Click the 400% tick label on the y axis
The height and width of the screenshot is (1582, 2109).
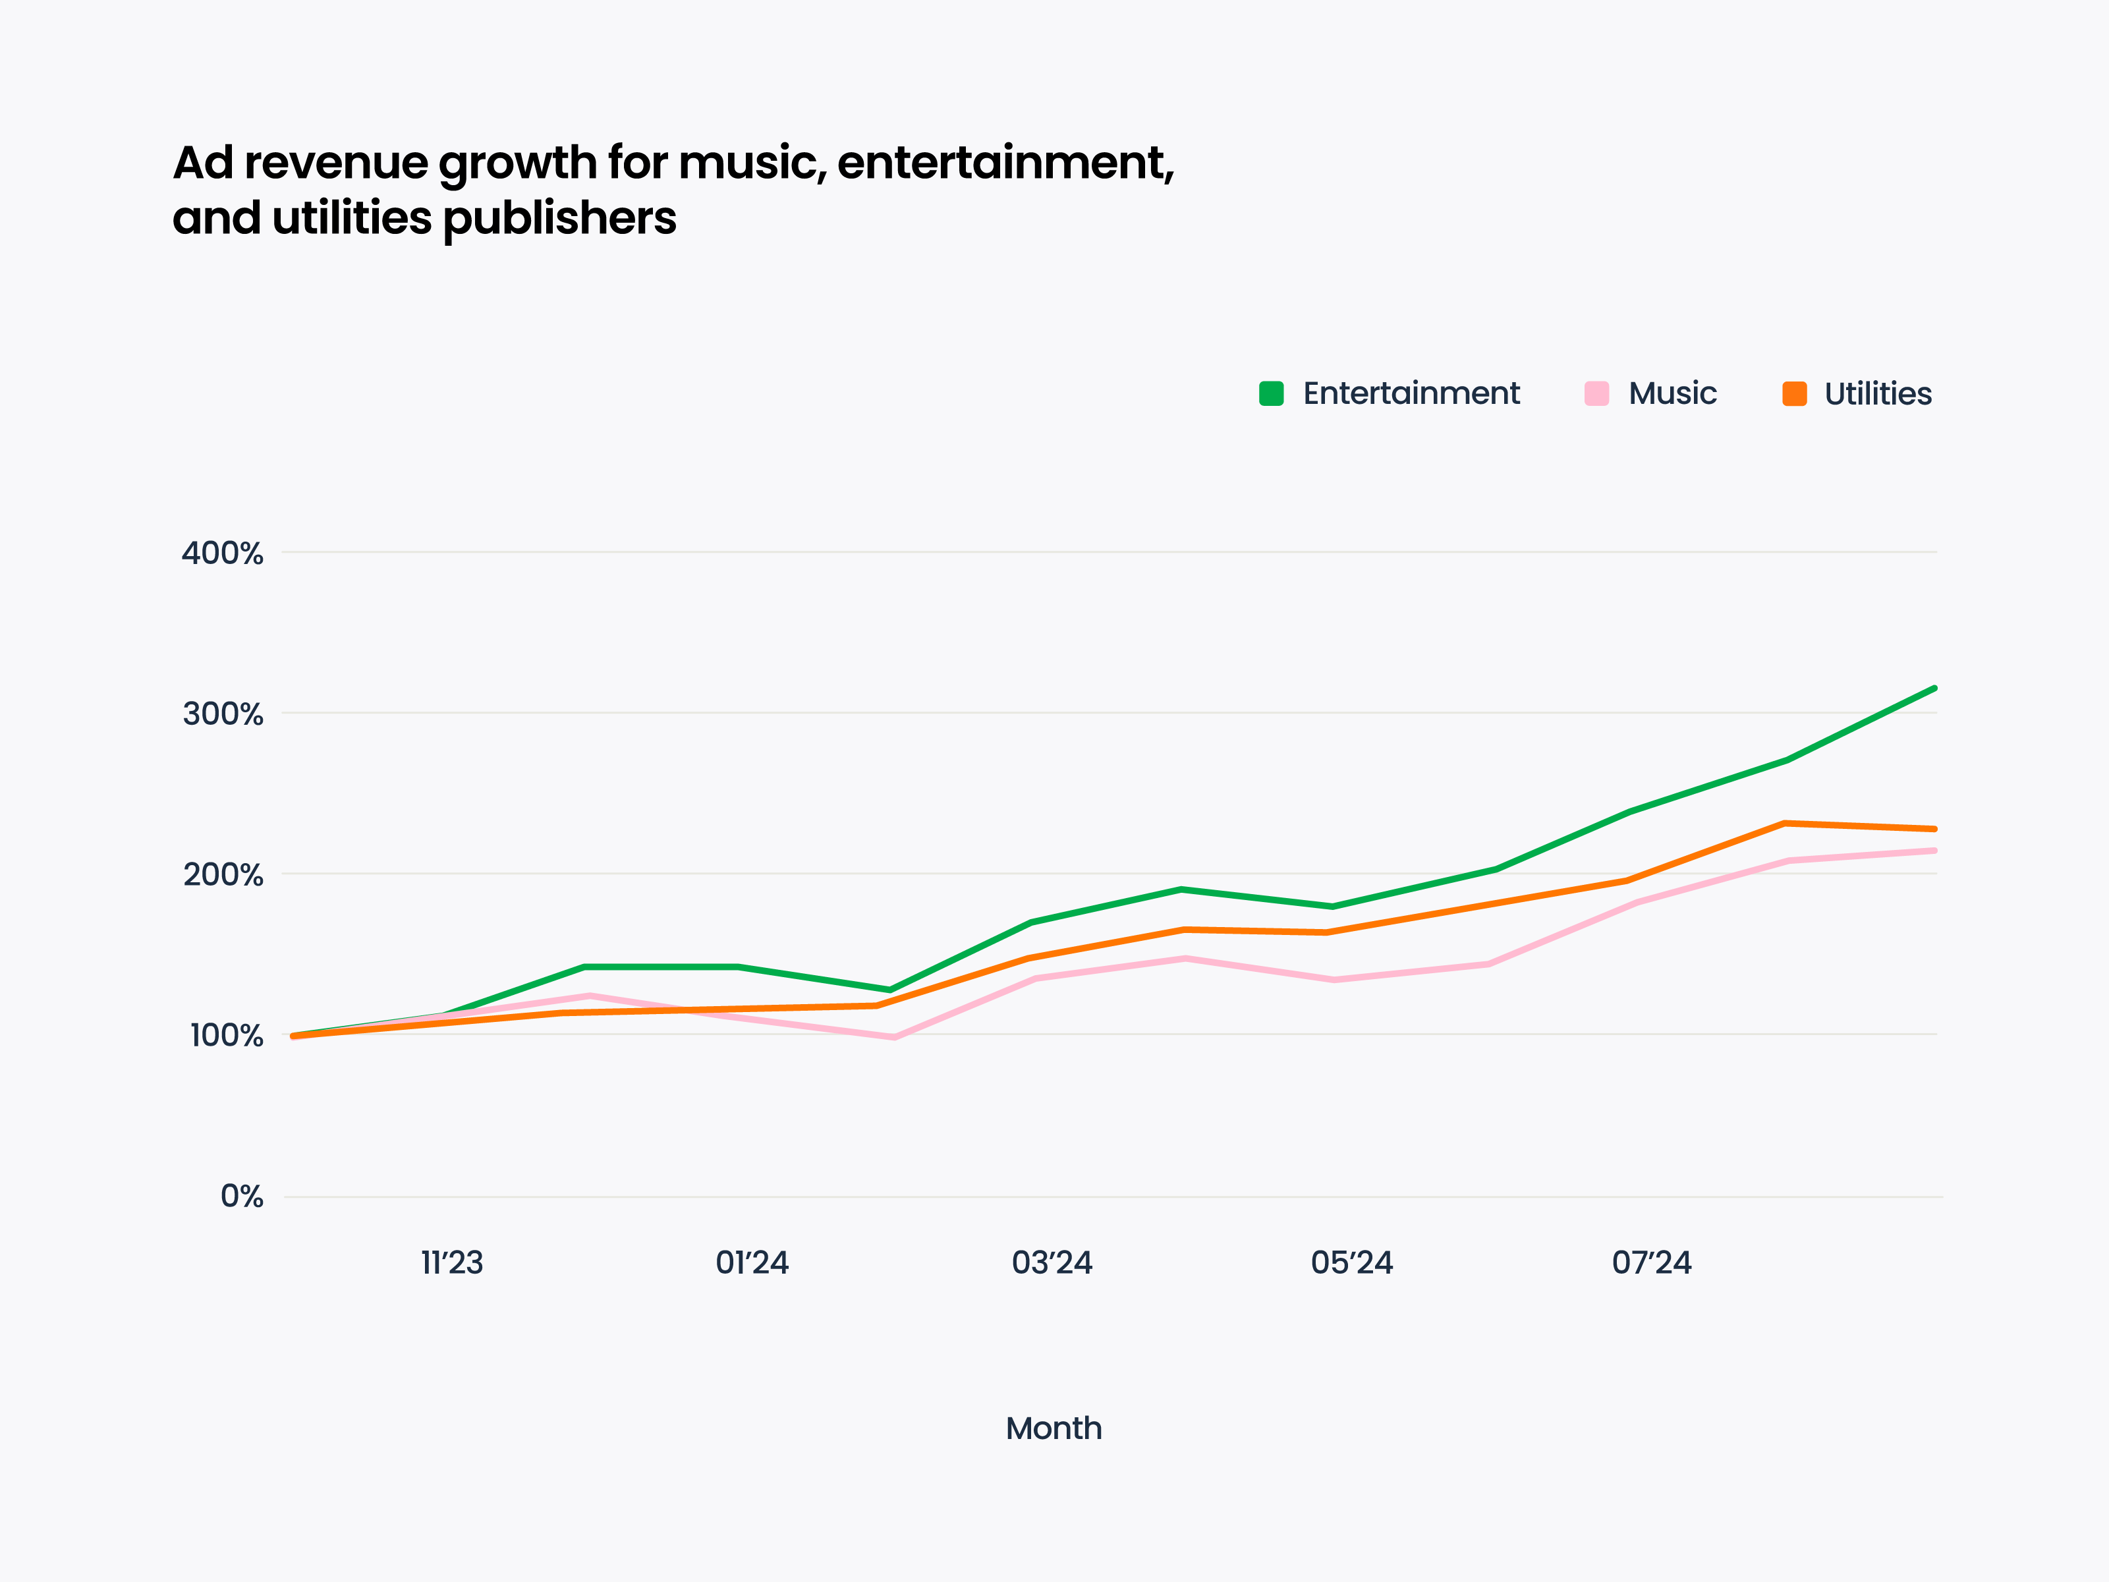(222, 553)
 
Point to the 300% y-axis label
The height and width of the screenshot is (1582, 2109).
(222, 714)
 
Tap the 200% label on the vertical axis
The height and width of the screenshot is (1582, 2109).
(222, 874)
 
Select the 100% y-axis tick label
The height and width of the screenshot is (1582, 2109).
(226, 1036)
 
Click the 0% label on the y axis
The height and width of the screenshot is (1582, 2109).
(241, 1196)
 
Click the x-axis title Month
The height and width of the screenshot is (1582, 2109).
(1054, 1428)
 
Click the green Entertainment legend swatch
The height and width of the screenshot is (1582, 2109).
(1271, 394)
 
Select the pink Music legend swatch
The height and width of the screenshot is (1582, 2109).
(1596, 394)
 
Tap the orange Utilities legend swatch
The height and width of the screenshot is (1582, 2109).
(1794, 394)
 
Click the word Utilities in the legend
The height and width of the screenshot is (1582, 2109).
(1877, 394)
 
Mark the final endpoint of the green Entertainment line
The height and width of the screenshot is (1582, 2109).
(1934, 687)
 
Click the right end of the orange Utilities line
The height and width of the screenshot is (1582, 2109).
(1934, 829)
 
